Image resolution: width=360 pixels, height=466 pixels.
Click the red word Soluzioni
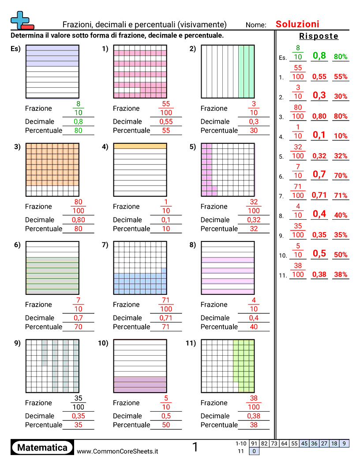[x=297, y=24]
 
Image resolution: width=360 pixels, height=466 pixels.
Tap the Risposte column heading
[x=319, y=36]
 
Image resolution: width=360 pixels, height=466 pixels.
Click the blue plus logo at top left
[x=21, y=19]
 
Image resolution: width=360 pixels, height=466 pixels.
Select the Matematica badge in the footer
[x=42, y=447]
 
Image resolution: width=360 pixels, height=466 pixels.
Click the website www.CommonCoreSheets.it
[x=117, y=451]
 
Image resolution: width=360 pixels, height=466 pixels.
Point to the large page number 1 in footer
[x=195, y=447]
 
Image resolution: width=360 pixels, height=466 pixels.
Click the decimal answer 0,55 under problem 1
[x=166, y=122]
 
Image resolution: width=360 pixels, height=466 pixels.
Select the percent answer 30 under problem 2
[x=254, y=131]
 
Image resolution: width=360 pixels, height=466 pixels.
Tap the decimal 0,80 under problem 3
[x=78, y=220]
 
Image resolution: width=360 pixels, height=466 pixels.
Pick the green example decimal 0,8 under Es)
[x=78, y=122]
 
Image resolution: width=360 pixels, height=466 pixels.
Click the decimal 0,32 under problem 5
[x=254, y=220]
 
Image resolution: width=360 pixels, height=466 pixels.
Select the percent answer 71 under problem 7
[x=166, y=327]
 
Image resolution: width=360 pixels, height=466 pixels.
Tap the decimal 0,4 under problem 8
[x=254, y=318]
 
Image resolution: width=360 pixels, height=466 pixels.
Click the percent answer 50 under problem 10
[x=166, y=425]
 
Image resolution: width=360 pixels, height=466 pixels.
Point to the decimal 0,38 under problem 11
[x=254, y=416]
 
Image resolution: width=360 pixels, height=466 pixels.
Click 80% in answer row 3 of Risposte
[x=341, y=116]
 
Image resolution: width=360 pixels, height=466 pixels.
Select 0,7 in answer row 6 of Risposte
[x=319, y=174]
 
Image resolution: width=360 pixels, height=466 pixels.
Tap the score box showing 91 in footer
[x=254, y=443]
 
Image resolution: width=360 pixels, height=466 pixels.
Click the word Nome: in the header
[x=256, y=25]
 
